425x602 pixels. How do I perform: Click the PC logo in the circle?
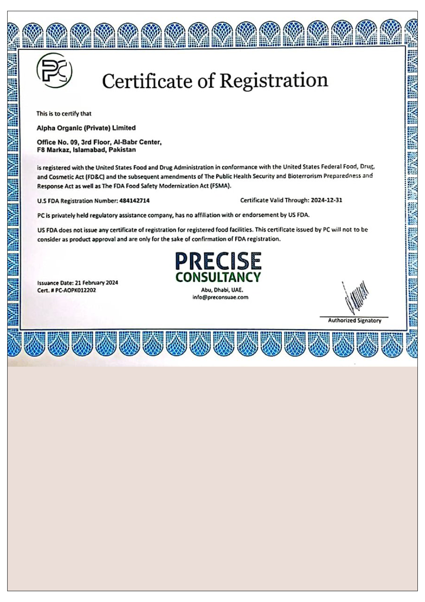click(54, 71)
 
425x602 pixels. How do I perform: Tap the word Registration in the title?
click(274, 80)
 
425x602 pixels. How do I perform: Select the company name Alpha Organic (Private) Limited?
click(86, 128)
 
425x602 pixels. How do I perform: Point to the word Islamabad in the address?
click(89, 149)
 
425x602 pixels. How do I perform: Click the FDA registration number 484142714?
click(134, 201)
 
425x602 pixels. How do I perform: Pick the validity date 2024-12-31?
click(327, 200)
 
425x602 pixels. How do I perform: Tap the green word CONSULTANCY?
click(218, 277)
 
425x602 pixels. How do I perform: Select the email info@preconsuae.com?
click(220, 297)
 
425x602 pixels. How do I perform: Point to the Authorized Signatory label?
click(354, 320)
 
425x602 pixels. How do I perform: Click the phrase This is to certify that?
click(64, 114)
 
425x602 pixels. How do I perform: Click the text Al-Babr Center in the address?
click(141, 142)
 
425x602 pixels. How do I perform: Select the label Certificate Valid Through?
click(274, 200)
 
